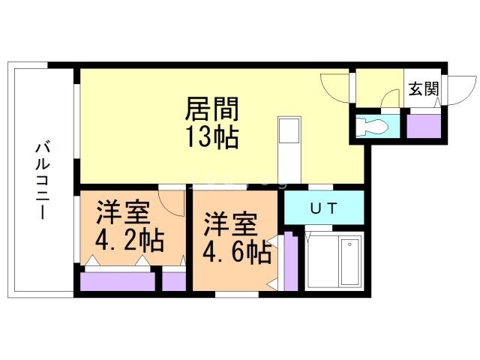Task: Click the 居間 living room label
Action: (x=212, y=109)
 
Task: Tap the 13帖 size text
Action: (x=212, y=137)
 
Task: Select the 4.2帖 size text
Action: (x=129, y=240)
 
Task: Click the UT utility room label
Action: (x=323, y=208)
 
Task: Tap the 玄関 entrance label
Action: (x=423, y=88)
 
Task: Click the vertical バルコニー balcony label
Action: (x=40, y=179)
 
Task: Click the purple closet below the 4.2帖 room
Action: (x=118, y=281)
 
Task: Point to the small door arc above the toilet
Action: (x=390, y=100)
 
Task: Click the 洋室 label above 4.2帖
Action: (x=122, y=212)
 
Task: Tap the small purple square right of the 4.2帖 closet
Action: (x=174, y=281)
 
